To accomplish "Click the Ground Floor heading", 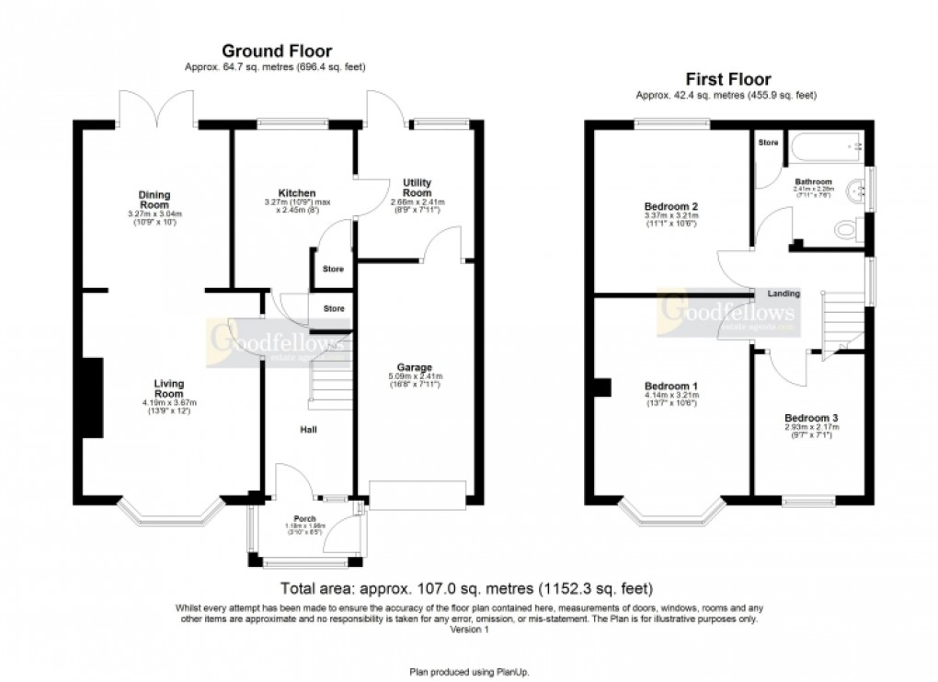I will (x=277, y=52).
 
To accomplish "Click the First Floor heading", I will (x=726, y=80).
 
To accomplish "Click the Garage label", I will (x=416, y=367).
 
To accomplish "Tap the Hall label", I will (x=308, y=429).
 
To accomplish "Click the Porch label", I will (x=304, y=518).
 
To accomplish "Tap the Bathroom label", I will (x=814, y=181).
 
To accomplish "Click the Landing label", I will (x=784, y=294).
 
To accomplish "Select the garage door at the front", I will (x=418, y=494).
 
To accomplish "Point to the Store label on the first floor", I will (x=766, y=144).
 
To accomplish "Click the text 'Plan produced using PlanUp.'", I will (x=469, y=672).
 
